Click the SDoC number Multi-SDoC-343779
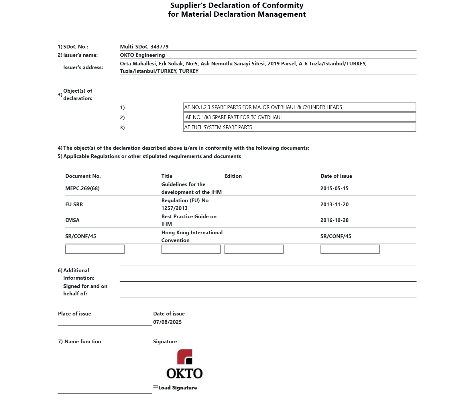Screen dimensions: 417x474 144,47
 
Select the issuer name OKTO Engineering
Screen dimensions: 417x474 142,55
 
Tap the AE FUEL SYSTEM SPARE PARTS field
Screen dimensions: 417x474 299,127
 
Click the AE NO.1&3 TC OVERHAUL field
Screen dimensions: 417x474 299,117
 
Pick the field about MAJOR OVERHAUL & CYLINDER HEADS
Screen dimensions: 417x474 299,107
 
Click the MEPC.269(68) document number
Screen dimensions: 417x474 82,188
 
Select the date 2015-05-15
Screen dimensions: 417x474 334,188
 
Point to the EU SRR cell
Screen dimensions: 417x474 74,204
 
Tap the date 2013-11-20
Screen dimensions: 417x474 334,204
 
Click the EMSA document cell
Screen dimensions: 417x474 72,220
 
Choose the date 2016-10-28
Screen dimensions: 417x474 334,220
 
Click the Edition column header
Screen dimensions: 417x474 233,176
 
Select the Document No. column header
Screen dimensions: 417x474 83,176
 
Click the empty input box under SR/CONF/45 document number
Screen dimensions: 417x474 95,249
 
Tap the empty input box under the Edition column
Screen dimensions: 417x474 254,249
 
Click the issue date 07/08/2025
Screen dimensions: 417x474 167,322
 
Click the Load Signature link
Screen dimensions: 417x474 177,388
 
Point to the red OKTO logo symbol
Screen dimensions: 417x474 184,356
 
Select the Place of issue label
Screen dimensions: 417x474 74,314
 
